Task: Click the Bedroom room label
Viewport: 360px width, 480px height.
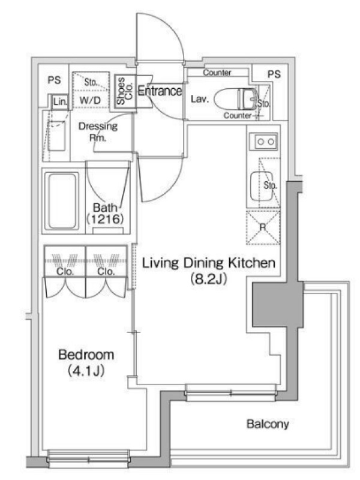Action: pyautogui.click(x=86, y=355)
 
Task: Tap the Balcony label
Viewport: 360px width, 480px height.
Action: pyautogui.click(x=268, y=424)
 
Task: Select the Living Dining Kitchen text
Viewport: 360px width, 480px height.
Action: pyautogui.click(x=209, y=263)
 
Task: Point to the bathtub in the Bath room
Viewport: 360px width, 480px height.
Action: pyautogui.click(x=62, y=201)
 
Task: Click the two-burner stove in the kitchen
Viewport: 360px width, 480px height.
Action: pyautogui.click(x=263, y=142)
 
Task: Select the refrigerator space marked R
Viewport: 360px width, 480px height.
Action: pyautogui.click(x=263, y=227)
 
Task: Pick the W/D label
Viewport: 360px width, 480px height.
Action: pyautogui.click(x=90, y=100)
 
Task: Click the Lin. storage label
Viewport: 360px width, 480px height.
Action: pyautogui.click(x=60, y=101)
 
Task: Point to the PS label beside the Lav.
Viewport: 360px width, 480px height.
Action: pyautogui.click(x=274, y=74)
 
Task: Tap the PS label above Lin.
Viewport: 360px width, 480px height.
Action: pyautogui.click(x=55, y=80)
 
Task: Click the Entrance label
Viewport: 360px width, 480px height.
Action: pyautogui.click(x=160, y=91)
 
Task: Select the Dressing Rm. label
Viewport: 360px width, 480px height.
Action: pyautogui.click(x=98, y=131)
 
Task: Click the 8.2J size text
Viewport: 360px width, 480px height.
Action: pyautogui.click(x=209, y=278)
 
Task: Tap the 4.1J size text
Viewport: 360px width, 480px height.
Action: pyautogui.click(x=86, y=370)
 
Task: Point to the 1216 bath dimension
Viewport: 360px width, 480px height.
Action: pyautogui.click(x=105, y=219)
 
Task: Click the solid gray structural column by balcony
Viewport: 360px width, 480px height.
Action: pyautogui.click(x=278, y=305)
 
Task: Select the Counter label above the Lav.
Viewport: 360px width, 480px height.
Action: pyautogui.click(x=217, y=73)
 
